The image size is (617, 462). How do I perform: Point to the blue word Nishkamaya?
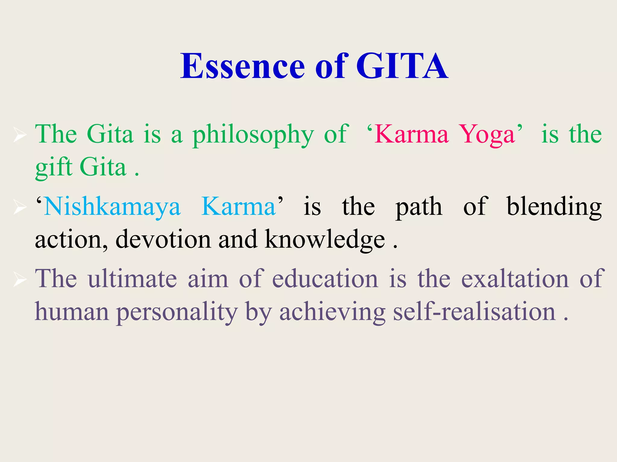tap(112, 207)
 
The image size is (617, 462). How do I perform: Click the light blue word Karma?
tap(238, 207)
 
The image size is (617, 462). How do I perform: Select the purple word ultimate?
tap(132, 279)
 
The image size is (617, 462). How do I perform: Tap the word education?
tap(325, 279)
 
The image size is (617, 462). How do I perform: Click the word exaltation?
tap(515, 279)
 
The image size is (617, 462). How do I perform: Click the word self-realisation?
tap(474, 312)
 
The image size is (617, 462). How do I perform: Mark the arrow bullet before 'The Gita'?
tap(20, 135)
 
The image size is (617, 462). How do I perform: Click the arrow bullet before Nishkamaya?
tap(20, 208)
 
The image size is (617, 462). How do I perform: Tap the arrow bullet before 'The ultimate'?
tap(20, 280)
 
